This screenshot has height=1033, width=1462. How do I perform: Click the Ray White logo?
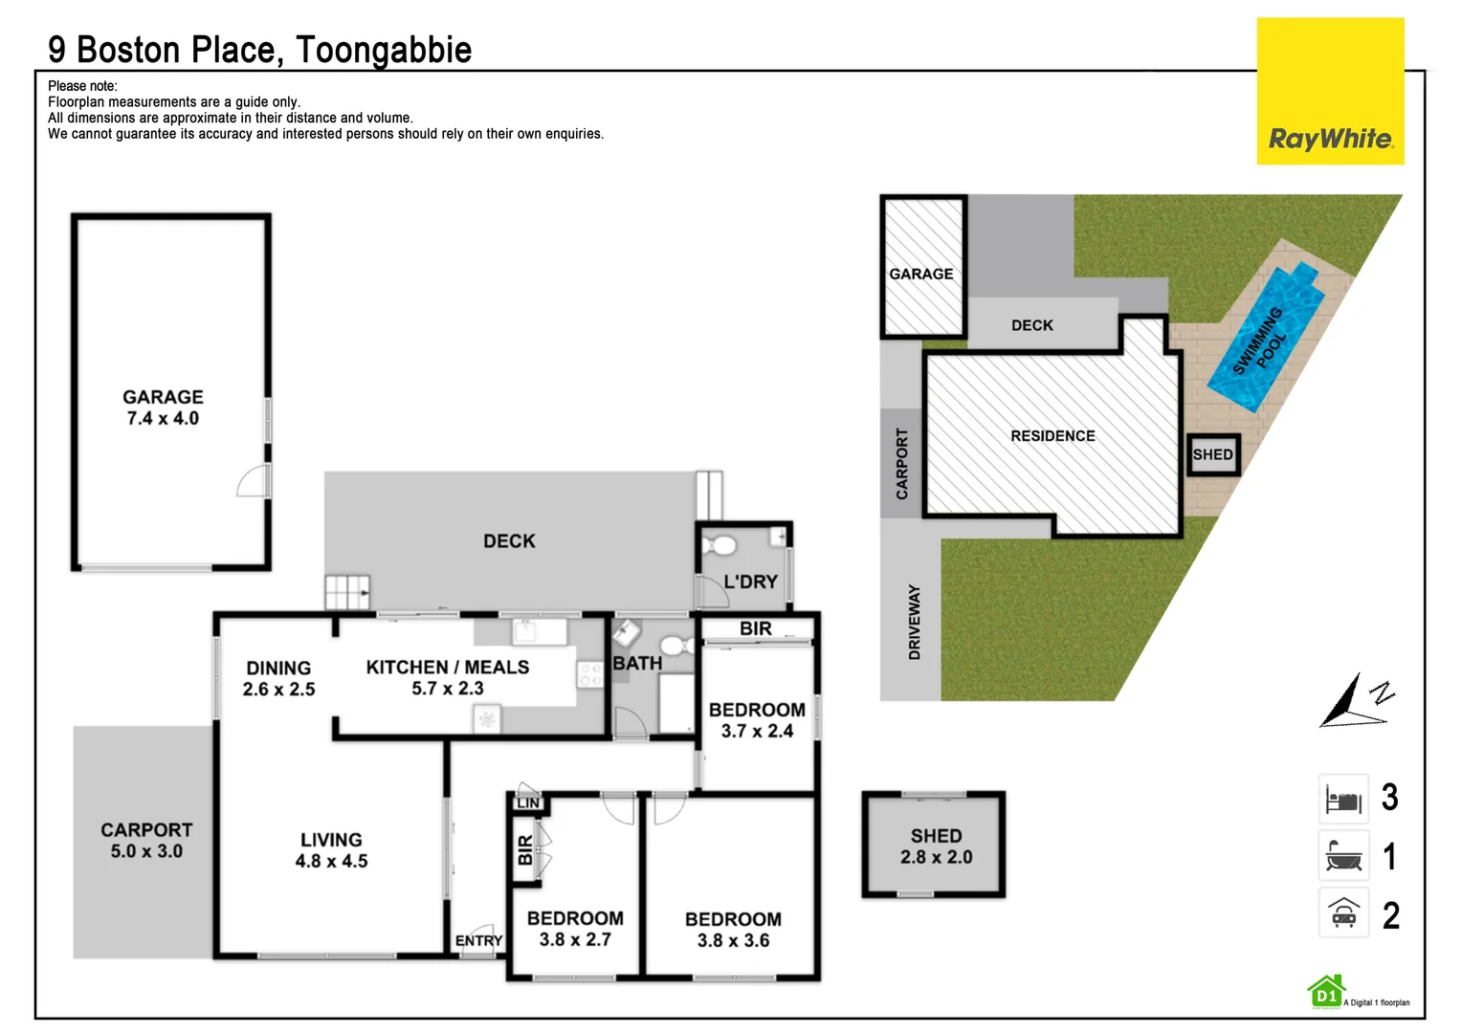tap(1330, 91)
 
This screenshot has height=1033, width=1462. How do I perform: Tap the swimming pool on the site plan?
tap(1266, 337)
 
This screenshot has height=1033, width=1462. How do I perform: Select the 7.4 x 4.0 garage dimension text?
tap(163, 418)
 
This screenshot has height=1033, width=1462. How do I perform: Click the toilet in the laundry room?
tap(719, 545)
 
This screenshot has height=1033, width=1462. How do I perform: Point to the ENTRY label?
tap(478, 940)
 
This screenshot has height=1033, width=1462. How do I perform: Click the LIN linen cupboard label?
tap(528, 802)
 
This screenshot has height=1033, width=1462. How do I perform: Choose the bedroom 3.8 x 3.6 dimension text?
tap(733, 940)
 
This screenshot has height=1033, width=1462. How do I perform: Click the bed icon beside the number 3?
tap(1343, 799)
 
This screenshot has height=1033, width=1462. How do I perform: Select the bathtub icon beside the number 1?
tap(1343, 855)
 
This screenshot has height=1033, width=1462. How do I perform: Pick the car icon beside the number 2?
tap(1343, 912)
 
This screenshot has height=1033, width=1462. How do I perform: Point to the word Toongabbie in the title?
tap(383, 50)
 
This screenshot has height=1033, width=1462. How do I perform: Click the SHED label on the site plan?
tap(1212, 455)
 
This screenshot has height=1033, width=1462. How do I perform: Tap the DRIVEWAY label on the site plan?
tap(914, 622)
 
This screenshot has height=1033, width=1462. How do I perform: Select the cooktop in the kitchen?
tap(590, 674)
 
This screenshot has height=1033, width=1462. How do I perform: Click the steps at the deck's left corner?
tap(347, 592)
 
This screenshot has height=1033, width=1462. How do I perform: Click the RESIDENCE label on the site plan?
tap(1052, 436)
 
